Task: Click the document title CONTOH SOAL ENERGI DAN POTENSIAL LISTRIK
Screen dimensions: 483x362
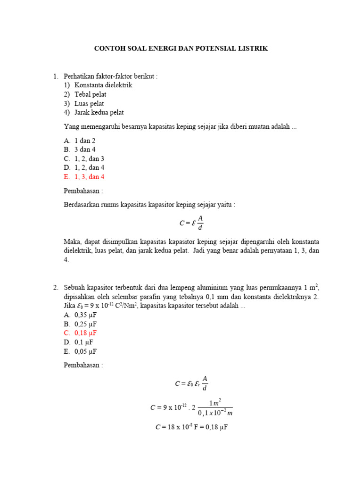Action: pos(181,49)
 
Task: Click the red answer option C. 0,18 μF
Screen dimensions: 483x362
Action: pos(80,333)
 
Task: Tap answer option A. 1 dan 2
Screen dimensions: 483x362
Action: pos(80,141)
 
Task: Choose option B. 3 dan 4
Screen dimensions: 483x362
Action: pos(80,150)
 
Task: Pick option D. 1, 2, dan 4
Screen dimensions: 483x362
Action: pos(84,168)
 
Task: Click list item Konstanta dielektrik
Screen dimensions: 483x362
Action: pos(103,85)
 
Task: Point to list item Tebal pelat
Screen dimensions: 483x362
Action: pos(90,94)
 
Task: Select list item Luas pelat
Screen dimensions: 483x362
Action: pos(89,103)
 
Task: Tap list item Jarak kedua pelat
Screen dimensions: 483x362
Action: pos(99,112)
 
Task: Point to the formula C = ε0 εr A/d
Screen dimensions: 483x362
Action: pos(191,383)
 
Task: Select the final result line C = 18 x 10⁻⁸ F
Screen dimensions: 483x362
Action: pos(191,427)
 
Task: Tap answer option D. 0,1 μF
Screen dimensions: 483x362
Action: pos(78,342)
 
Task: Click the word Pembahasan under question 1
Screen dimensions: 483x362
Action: pos(83,191)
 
